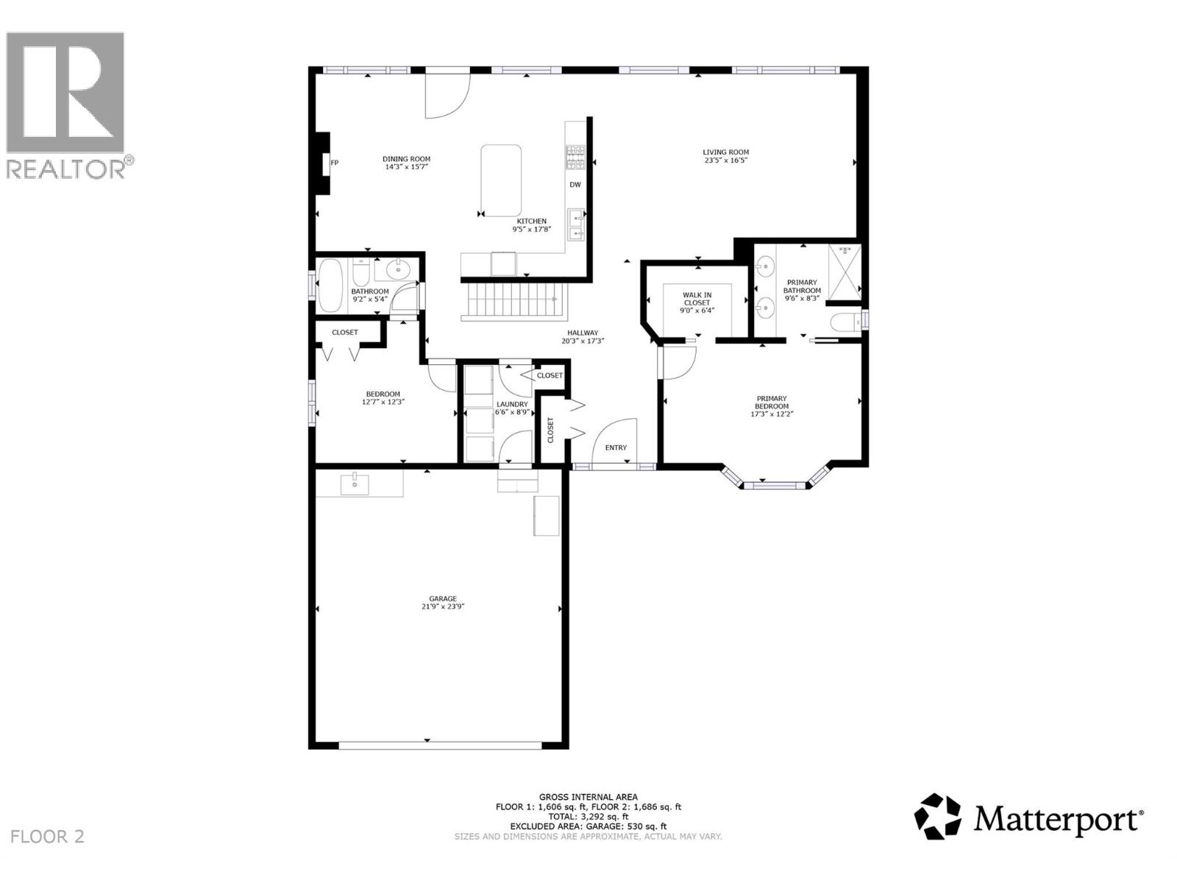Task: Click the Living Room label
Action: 725,153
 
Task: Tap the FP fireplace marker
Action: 334,163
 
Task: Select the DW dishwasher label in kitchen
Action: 575,185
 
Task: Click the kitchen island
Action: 501,180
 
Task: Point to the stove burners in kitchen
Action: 575,157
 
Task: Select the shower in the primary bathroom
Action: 844,272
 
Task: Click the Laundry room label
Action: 511,404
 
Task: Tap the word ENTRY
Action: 616,448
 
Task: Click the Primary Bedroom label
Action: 771,403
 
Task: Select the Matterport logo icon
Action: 937,816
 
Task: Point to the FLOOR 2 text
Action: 48,837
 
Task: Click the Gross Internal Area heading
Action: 588,797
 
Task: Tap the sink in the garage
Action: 355,483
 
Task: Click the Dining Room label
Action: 406,159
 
